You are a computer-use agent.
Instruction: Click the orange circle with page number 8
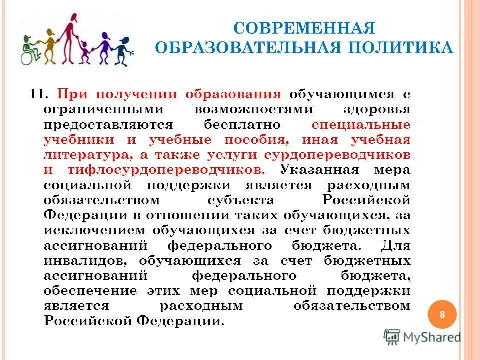(442, 314)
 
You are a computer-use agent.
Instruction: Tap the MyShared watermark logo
(423, 336)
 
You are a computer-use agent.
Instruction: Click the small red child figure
(85, 50)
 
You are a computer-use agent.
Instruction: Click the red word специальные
(360, 125)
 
